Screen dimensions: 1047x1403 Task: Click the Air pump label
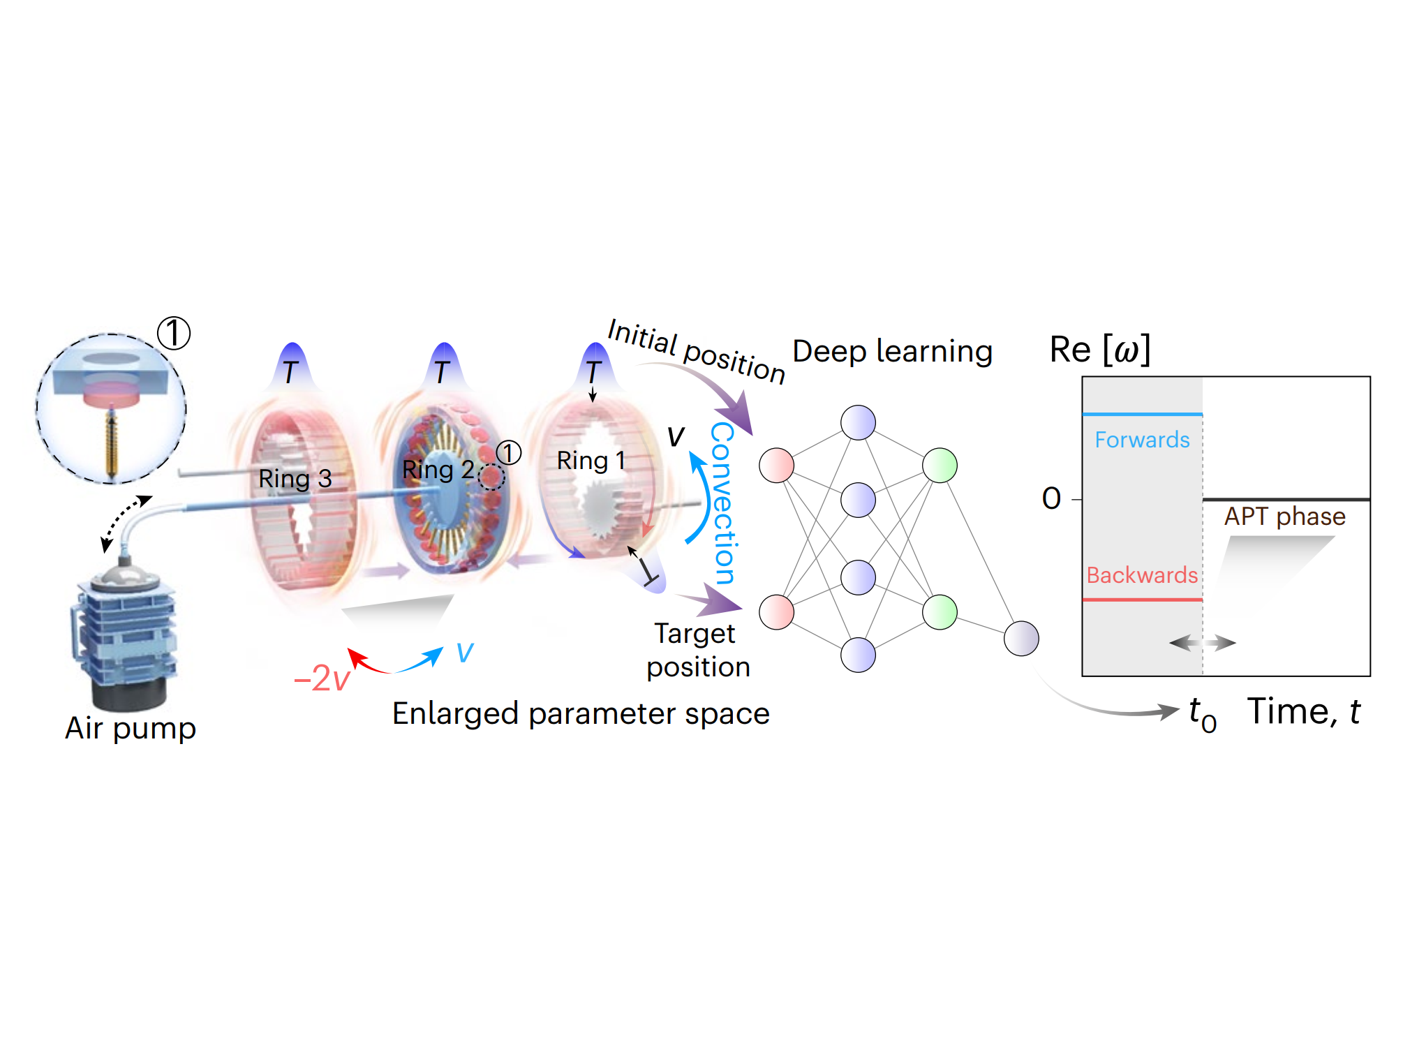pos(131,728)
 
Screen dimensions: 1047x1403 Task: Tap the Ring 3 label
pos(295,479)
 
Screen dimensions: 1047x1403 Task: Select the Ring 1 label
pos(591,461)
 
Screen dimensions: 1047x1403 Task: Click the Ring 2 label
pos(438,470)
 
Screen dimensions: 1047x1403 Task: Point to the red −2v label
pos(322,678)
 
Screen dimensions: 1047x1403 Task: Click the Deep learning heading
pos(892,351)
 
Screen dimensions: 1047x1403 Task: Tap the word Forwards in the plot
pos(1142,440)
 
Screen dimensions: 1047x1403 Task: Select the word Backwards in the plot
pos(1142,575)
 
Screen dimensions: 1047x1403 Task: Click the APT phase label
pos(1284,517)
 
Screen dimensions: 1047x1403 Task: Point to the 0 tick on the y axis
pos(1051,499)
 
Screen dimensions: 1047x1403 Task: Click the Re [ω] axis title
pos(1099,350)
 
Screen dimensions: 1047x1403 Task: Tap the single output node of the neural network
pos(1021,639)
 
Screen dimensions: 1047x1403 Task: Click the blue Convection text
pos(723,503)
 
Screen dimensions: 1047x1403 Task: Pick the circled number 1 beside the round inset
pos(173,333)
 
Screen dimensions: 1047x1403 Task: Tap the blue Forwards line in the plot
pos(1142,415)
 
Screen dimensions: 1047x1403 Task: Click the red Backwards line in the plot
pos(1142,600)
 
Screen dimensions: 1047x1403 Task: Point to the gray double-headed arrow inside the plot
pos(1202,643)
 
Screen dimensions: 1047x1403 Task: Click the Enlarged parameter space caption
pos(580,713)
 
